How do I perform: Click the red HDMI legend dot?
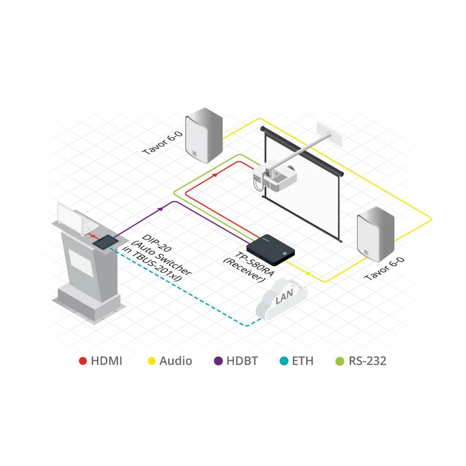tap(83, 361)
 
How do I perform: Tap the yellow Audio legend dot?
tap(151, 361)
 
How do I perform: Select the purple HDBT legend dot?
tap(218, 361)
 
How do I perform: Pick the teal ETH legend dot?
tap(284, 361)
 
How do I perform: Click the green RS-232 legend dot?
tap(340, 361)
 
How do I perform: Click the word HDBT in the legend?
tap(242, 361)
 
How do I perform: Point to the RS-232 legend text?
tap(367, 361)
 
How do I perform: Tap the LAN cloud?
tap(281, 299)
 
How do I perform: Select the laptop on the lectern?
tap(78, 219)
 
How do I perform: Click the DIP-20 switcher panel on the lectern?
tap(106, 242)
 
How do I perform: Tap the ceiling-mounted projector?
tap(275, 176)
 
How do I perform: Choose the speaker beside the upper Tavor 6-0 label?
tap(204, 135)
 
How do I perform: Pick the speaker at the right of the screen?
tap(375, 234)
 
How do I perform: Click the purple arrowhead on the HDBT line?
tap(160, 208)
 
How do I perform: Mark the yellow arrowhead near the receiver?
tap(308, 273)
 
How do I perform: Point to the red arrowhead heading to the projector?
tap(214, 175)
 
